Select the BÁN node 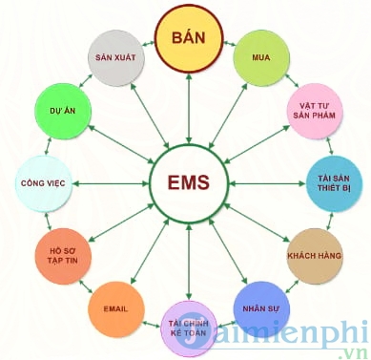point(189,39)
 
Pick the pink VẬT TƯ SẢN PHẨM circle point(315,110)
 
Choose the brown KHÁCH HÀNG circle point(314,256)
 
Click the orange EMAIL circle point(116,308)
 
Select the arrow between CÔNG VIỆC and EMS point(110,181)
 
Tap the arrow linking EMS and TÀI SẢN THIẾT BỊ point(263,181)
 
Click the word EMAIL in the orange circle point(116,308)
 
